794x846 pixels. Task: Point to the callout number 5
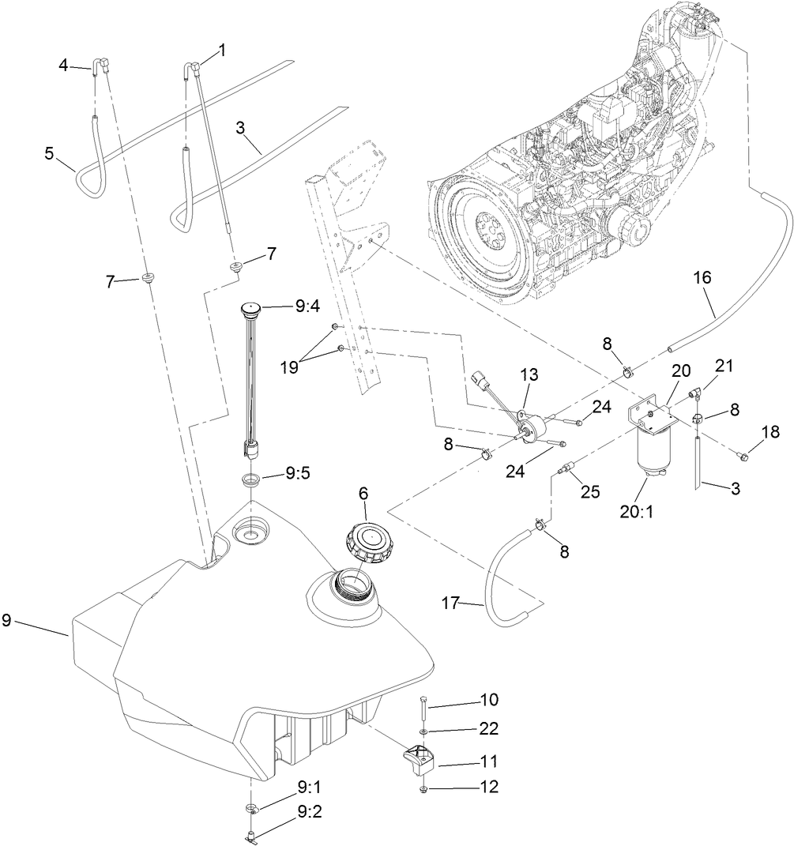click(49, 152)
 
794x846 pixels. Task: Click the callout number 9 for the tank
click(7, 621)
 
